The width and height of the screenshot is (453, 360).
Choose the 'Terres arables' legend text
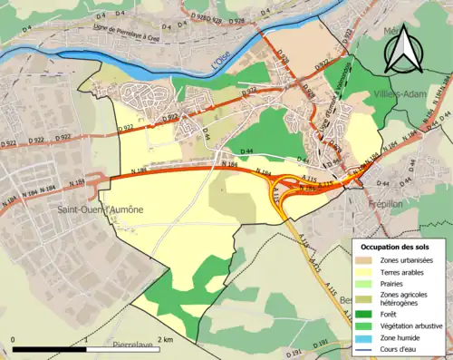[406, 270]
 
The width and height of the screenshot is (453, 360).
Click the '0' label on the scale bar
[14, 339]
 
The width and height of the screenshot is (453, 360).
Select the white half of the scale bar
[123, 348]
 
